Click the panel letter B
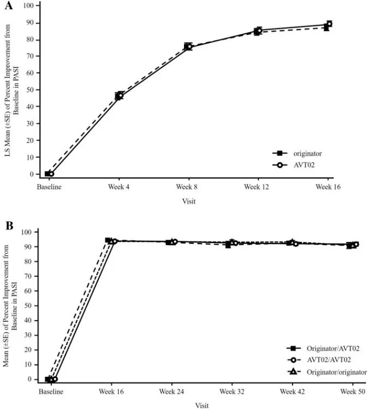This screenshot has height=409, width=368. tap(9, 225)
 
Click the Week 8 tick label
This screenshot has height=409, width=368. tap(188, 187)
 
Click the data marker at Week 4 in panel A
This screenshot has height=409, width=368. tap(119, 96)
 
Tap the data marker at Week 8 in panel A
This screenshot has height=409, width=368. tap(188, 46)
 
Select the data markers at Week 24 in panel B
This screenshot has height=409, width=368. tap(172, 241)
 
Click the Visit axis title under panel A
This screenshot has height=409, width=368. tap(188, 201)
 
